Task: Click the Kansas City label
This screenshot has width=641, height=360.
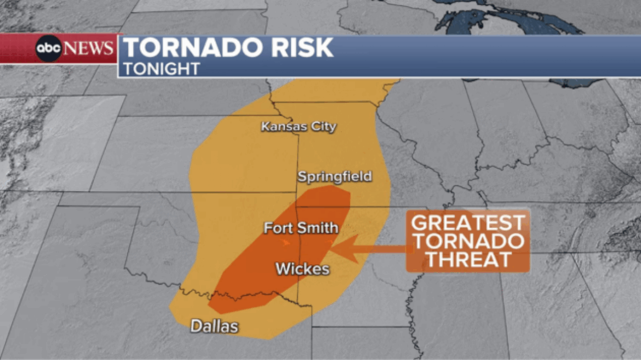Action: tap(299, 127)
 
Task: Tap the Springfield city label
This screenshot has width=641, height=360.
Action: tap(334, 176)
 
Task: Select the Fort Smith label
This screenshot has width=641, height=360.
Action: tap(301, 227)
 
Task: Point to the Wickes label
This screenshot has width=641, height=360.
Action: tap(302, 269)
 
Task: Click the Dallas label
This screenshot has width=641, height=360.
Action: tap(214, 327)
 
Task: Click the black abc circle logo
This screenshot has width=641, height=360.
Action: tap(49, 49)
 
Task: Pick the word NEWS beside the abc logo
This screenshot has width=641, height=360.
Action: tap(89, 49)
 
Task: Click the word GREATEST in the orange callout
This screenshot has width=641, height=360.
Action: tap(468, 224)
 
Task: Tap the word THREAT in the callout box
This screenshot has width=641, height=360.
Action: tap(468, 259)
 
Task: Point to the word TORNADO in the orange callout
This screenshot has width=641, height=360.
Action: tap(468, 242)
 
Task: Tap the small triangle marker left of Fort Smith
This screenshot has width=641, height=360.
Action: tap(285, 242)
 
